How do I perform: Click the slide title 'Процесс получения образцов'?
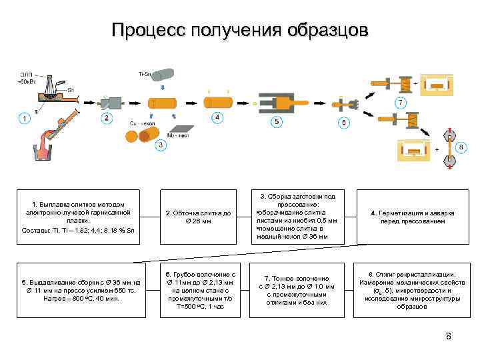click(239, 31)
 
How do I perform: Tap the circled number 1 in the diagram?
click(25, 119)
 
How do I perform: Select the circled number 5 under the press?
click(276, 122)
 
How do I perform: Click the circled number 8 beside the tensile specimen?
click(461, 146)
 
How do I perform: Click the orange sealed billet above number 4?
click(217, 103)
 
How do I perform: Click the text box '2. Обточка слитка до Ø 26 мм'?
click(199, 217)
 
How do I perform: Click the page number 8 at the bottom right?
click(448, 336)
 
